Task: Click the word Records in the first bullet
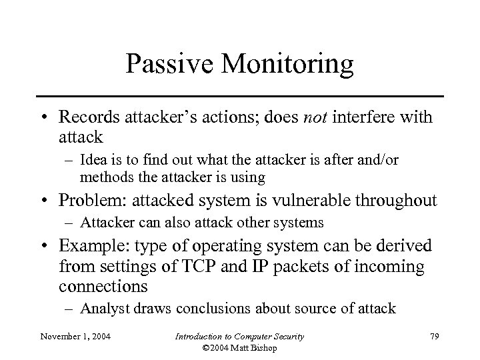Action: click(x=87, y=119)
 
